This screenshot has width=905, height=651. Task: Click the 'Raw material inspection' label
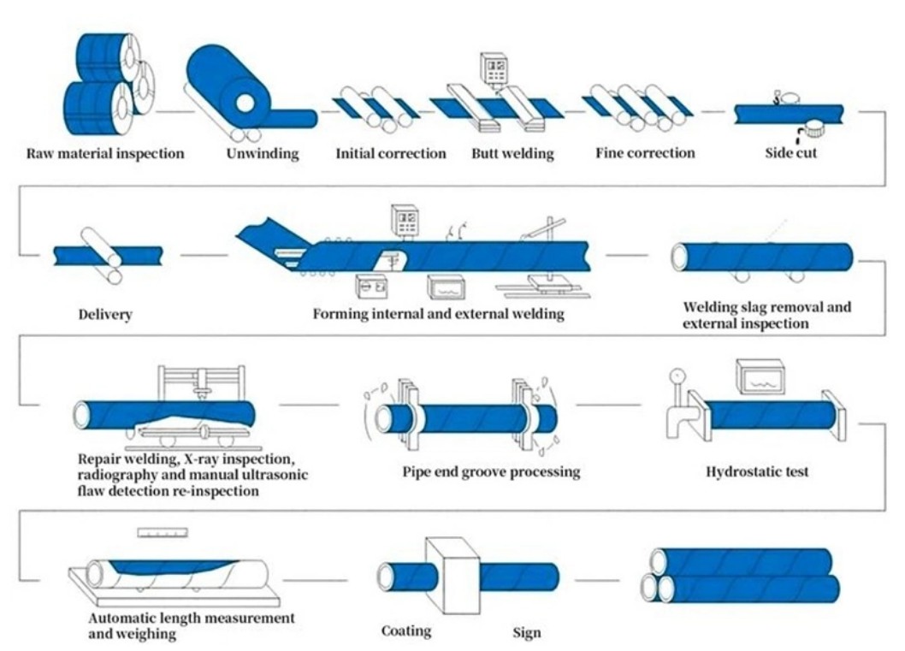click(105, 155)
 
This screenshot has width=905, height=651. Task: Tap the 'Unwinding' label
click(263, 154)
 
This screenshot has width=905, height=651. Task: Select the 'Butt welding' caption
click(512, 154)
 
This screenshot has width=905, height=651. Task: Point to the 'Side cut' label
click(790, 155)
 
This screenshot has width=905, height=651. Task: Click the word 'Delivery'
click(105, 315)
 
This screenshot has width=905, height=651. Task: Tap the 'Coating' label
click(406, 631)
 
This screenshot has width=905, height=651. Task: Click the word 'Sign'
click(526, 633)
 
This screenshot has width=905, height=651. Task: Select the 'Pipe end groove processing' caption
click(491, 471)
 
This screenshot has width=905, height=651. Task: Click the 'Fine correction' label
click(645, 154)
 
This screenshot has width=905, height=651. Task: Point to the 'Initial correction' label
click(390, 154)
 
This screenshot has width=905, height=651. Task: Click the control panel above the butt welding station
click(494, 68)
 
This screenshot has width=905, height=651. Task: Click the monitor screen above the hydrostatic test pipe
click(760, 377)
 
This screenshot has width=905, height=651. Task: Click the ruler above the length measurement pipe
click(163, 533)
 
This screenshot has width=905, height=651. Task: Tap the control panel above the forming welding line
click(404, 220)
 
